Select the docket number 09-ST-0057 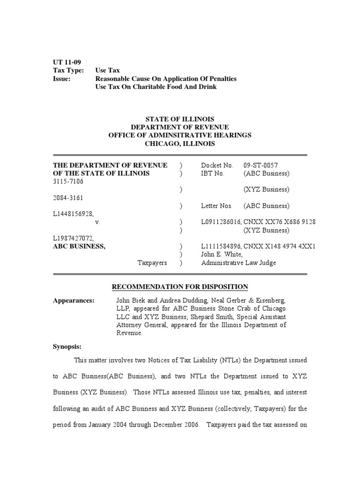261,165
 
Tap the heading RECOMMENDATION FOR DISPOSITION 180,287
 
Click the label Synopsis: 67,347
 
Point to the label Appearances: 74,300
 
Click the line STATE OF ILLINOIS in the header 180,119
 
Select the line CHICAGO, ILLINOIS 180,144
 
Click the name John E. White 222,255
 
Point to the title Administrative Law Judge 239,263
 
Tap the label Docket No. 217,165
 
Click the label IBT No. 213,173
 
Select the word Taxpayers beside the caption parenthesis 152,263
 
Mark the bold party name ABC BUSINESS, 79,246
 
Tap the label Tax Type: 68,70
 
